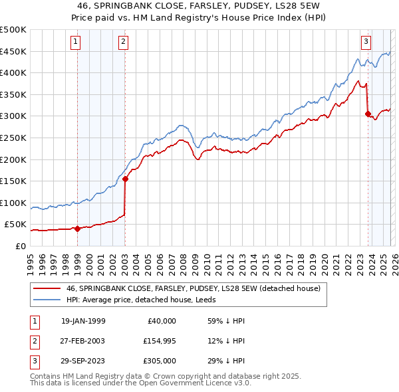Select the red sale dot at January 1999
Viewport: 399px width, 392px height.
(x=77, y=229)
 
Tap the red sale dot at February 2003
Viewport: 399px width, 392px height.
(x=126, y=179)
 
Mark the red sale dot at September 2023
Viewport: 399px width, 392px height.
(x=368, y=114)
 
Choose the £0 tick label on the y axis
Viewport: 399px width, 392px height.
(x=20, y=246)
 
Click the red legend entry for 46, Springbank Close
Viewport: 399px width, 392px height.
(x=193, y=288)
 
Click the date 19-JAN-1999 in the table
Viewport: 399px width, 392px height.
(x=82, y=320)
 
